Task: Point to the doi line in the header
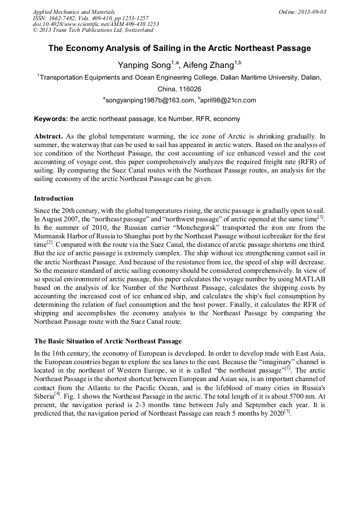(96, 24)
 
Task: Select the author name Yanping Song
(144, 65)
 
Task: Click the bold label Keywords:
(51, 119)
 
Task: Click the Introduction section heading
(54, 199)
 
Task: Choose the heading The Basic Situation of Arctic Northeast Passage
(108, 341)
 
